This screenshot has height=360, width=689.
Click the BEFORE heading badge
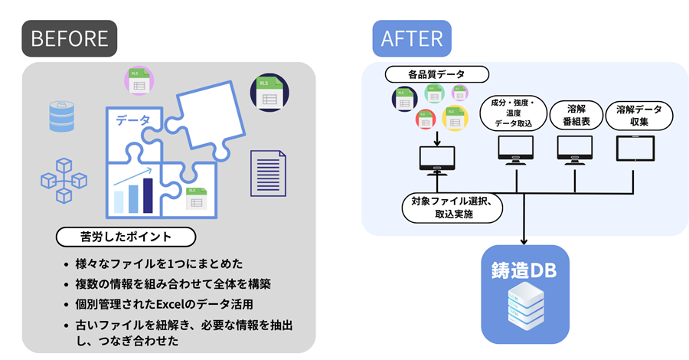(70, 38)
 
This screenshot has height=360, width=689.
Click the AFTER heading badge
(412, 38)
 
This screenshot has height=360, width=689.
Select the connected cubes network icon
(64, 178)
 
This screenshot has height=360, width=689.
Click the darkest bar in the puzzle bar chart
(148, 195)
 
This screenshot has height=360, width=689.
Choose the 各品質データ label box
(436, 74)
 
